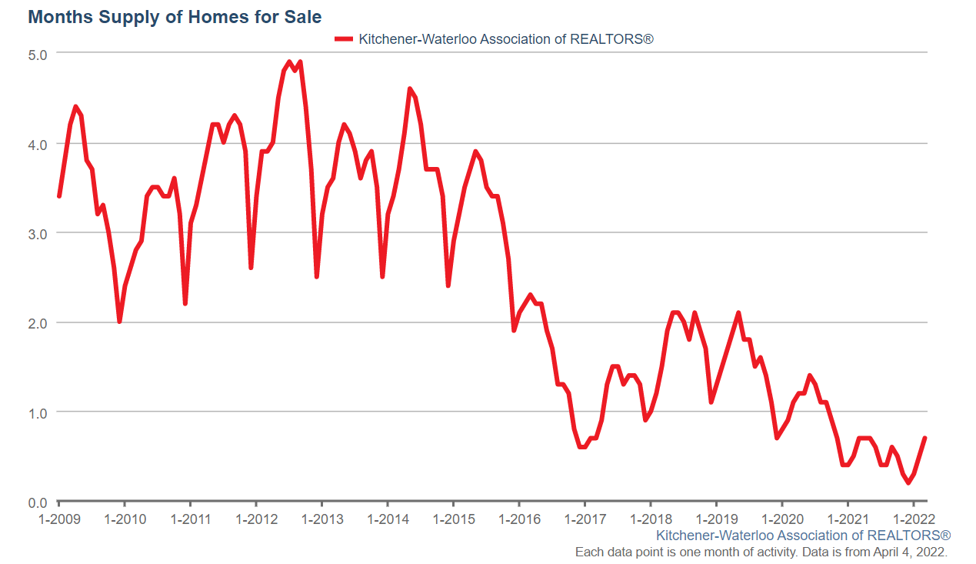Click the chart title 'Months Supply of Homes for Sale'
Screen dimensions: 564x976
point(175,16)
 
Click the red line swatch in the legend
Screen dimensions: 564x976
point(344,38)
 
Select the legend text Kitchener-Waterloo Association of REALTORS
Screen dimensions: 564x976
point(505,38)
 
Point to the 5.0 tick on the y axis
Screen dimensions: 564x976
point(38,54)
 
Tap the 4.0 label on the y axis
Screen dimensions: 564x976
point(38,144)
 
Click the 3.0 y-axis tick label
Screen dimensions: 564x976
point(38,233)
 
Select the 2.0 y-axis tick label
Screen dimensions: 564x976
point(38,323)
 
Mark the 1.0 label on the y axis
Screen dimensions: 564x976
point(38,412)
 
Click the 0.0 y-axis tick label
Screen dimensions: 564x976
point(38,502)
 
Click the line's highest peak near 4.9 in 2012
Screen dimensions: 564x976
point(289,62)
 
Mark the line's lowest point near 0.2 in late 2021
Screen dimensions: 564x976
point(908,483)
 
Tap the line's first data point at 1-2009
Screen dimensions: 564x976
point(58,197)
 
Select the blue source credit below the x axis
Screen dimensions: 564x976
point(803,535)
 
